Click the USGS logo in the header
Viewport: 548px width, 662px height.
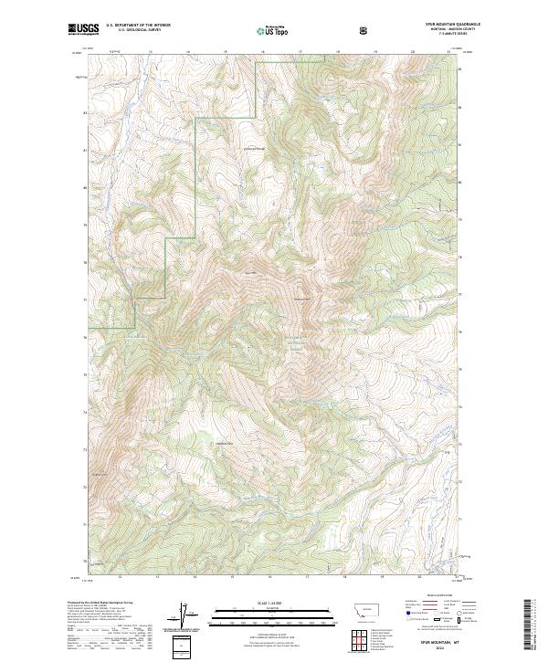pos(83,30)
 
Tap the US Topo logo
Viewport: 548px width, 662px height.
pos(272,31)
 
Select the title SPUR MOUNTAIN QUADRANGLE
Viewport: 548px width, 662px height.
pos(426,25)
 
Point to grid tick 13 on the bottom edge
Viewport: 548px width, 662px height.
pos(157,577)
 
